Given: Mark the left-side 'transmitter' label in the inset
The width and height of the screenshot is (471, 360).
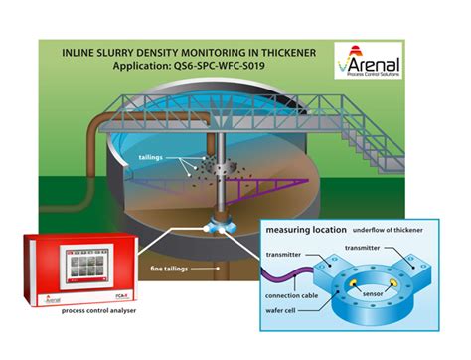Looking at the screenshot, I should pyautogui.click(x=285, y=255).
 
